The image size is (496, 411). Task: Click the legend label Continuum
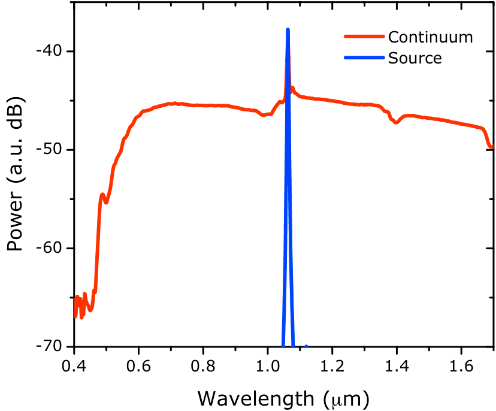tap(430, 37)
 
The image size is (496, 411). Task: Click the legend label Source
tap(415, 58)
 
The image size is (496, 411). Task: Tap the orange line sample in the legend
tap(364, 37)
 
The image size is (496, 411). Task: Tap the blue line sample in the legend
tap(364, 58)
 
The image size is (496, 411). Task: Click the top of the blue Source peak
tap(288, 29)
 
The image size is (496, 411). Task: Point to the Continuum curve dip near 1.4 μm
tap(396, 122)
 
